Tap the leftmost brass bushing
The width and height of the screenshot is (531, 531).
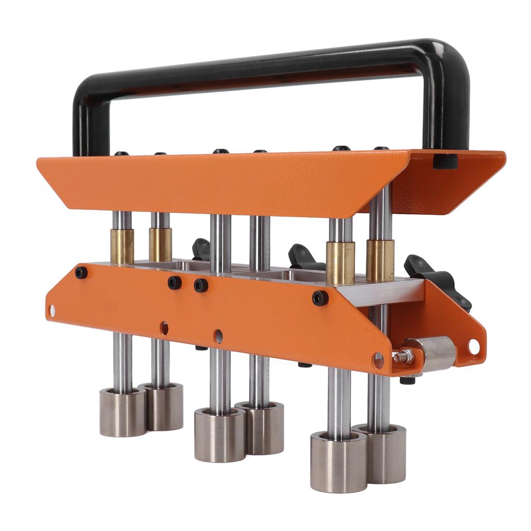[x=122, y=246]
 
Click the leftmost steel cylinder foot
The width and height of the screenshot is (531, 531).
[x=122, y=412]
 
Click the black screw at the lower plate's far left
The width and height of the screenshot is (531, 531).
[x=81, y=273]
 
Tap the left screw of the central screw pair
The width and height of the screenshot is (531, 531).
[x=175, y=283]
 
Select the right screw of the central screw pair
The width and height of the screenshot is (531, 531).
[x=201, y=285]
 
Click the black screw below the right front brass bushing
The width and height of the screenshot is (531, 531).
[x=320, y=298]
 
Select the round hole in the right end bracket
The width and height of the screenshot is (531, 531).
[x=473, y=346]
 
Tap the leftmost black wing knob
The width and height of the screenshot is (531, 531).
[x=202, y=249]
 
